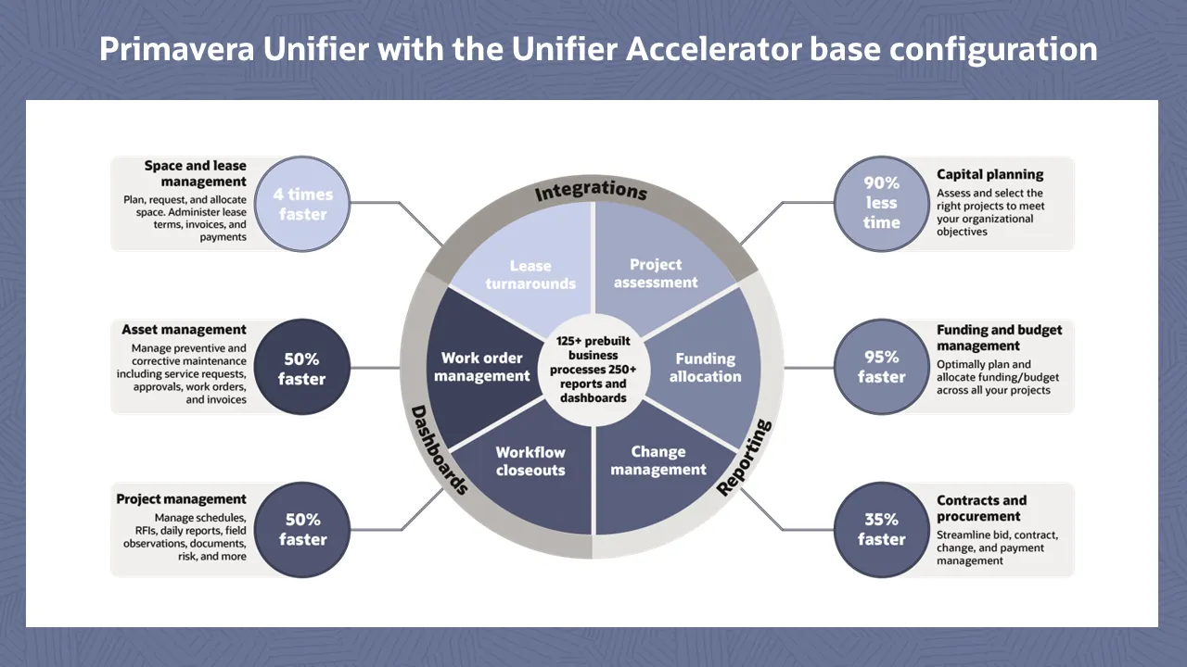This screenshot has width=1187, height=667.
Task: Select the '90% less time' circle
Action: (881, 204)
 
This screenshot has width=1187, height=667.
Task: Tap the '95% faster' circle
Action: (881, 367)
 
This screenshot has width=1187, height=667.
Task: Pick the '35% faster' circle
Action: (881, 530)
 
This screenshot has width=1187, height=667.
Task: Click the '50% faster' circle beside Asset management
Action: (301, 369)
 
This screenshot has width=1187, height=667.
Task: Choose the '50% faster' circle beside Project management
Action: (301, 530)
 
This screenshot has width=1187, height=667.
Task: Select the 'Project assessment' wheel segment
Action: (656, 269)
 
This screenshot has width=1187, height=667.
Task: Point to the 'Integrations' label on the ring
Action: (591, 191)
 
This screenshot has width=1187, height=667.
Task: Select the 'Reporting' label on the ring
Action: (746, 457)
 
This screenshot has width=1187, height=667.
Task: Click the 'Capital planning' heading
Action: (989, 174)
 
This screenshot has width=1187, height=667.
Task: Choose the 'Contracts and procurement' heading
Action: (981, 509)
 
